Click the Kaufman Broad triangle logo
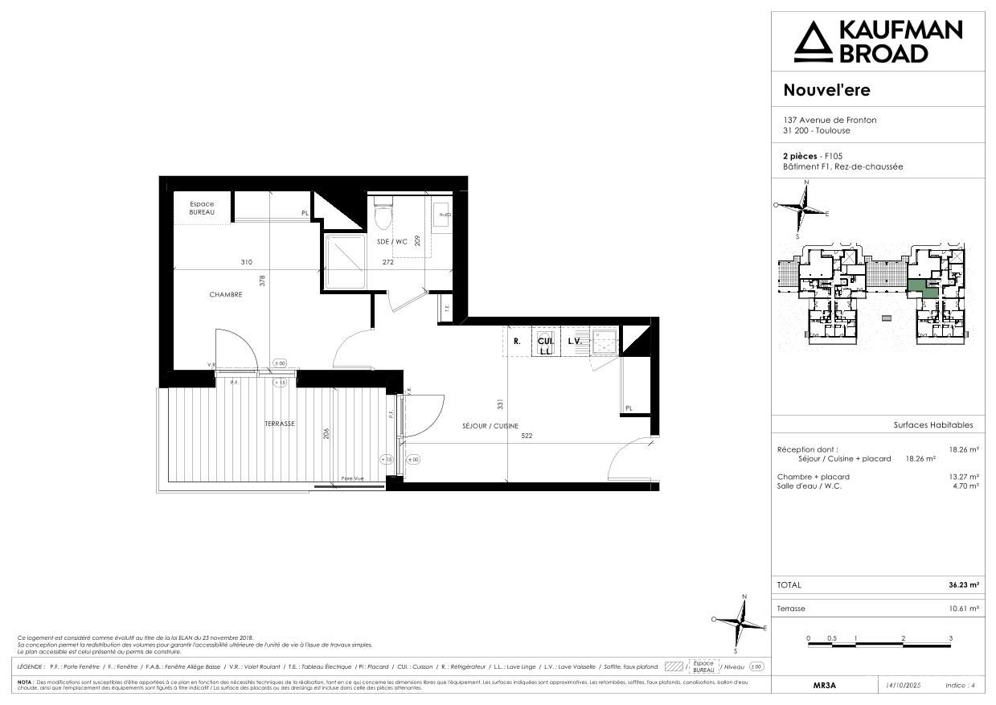814,42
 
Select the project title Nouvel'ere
826,90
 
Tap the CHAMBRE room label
226,295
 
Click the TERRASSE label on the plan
280,424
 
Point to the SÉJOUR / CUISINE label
490,426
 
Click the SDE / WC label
392,241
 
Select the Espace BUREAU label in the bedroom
202,208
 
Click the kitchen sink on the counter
602,341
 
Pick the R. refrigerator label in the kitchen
516,341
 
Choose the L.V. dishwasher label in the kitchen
574,341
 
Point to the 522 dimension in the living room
527,437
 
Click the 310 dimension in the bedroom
246,262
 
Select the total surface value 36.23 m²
963,585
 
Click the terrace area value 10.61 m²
963,609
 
